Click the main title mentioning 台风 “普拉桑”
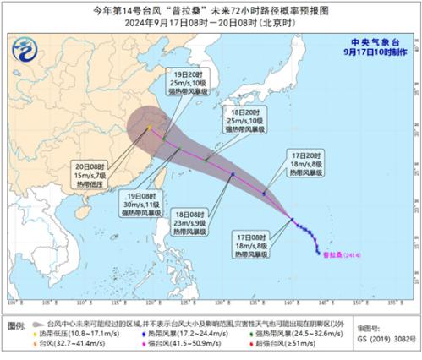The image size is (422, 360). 211,11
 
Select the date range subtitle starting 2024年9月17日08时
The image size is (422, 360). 211,24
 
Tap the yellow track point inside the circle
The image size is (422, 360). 149,128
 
